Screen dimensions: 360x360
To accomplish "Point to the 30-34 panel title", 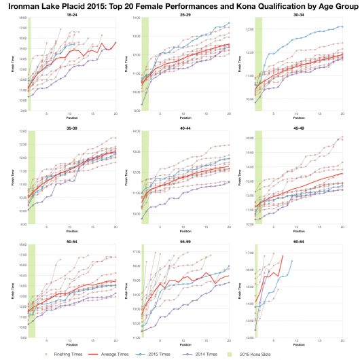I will pyautogui.click(x=299, y=13).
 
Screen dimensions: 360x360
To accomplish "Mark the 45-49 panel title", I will pyautogui.click(x=299, y=126).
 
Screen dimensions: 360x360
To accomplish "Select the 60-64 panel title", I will pyautogui.click(x=299, y=239).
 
